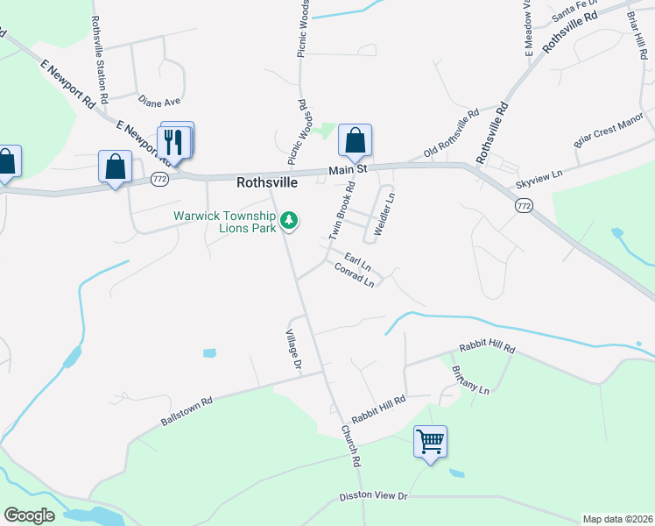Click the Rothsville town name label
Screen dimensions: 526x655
267,183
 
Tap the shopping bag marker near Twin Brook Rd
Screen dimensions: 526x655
355,140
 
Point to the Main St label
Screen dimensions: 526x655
347,168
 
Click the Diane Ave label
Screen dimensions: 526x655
158,102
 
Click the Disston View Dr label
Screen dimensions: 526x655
374,497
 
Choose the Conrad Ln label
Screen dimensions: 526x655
355,275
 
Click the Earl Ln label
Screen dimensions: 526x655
357,260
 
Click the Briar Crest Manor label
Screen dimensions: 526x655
608,129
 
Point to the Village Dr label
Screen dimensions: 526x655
293,348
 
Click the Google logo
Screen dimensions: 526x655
29,515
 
